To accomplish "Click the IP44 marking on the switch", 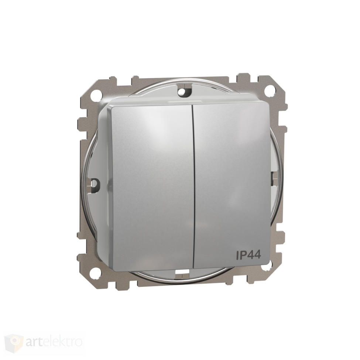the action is click(x=248, y=255).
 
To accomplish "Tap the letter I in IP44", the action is click(x=237, y=255).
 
